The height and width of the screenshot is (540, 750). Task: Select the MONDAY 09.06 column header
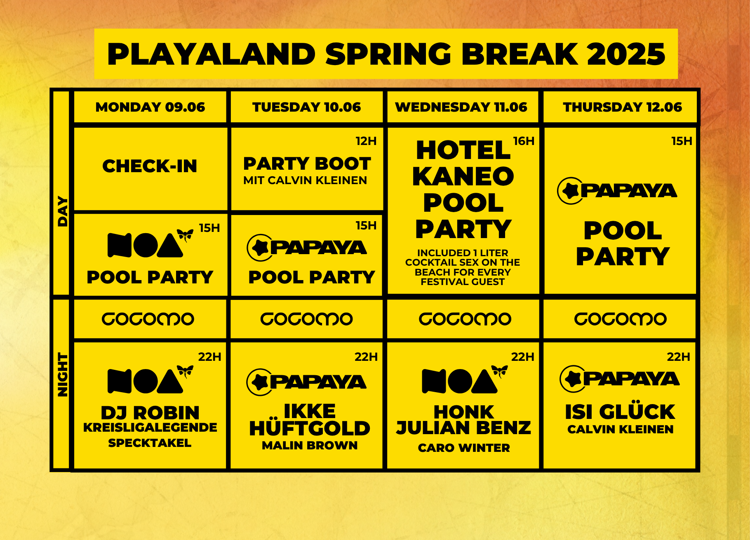tap(150, 107)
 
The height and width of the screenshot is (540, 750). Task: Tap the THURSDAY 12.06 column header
tap(622, 107)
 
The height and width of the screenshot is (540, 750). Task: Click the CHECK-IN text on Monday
tap(150, 166)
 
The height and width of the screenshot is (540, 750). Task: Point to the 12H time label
tap(366, 141)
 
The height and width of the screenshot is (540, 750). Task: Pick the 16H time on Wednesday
tap(524, 141)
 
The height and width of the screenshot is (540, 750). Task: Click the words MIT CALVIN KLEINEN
tap(305, 180)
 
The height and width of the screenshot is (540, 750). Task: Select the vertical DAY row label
tap(63, 211)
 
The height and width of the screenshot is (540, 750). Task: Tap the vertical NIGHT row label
tap(63, 375)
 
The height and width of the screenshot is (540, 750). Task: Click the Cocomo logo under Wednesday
tap(465, 319)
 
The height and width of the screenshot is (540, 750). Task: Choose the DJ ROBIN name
tap(150, 413)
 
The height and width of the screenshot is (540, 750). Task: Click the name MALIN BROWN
tap(310, 445)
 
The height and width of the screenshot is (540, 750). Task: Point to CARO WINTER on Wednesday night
tap(464, 448)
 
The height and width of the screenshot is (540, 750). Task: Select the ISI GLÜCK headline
tap(620, 412)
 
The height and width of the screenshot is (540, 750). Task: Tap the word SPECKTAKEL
tap(150, 443)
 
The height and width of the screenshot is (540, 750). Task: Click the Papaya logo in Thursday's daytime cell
tap(617, 191)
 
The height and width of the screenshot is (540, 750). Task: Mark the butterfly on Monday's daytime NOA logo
tap(185, 236)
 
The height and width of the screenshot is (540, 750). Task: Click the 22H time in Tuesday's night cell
tap(366, 357)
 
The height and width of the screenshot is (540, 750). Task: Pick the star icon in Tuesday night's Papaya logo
tap(260, 382)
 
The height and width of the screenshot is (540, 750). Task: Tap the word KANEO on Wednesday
tap(463, 176)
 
